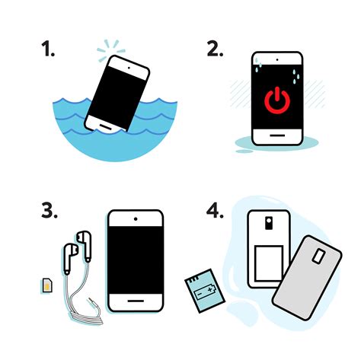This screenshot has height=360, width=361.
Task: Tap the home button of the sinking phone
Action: [104, 122]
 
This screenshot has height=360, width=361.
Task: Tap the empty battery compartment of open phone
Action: [269, 260]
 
